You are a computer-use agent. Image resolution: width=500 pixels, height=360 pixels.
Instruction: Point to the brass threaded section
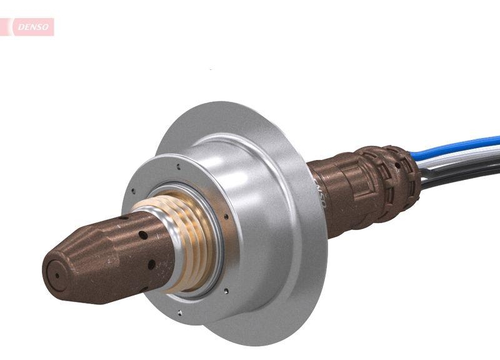pos(187,244)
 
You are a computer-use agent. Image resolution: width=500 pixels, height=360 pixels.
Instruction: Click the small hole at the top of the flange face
pos(179,167)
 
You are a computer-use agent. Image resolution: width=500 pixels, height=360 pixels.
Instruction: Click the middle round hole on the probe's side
pos(143,236)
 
